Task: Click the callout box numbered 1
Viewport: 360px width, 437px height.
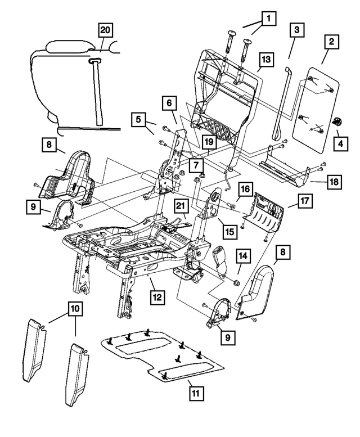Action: [x=269, y=19]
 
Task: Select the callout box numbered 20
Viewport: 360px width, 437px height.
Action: [x=106, y=30]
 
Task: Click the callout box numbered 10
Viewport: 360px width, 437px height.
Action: [x=74, y=308]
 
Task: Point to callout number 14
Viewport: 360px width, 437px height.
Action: [x=242, y=256]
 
